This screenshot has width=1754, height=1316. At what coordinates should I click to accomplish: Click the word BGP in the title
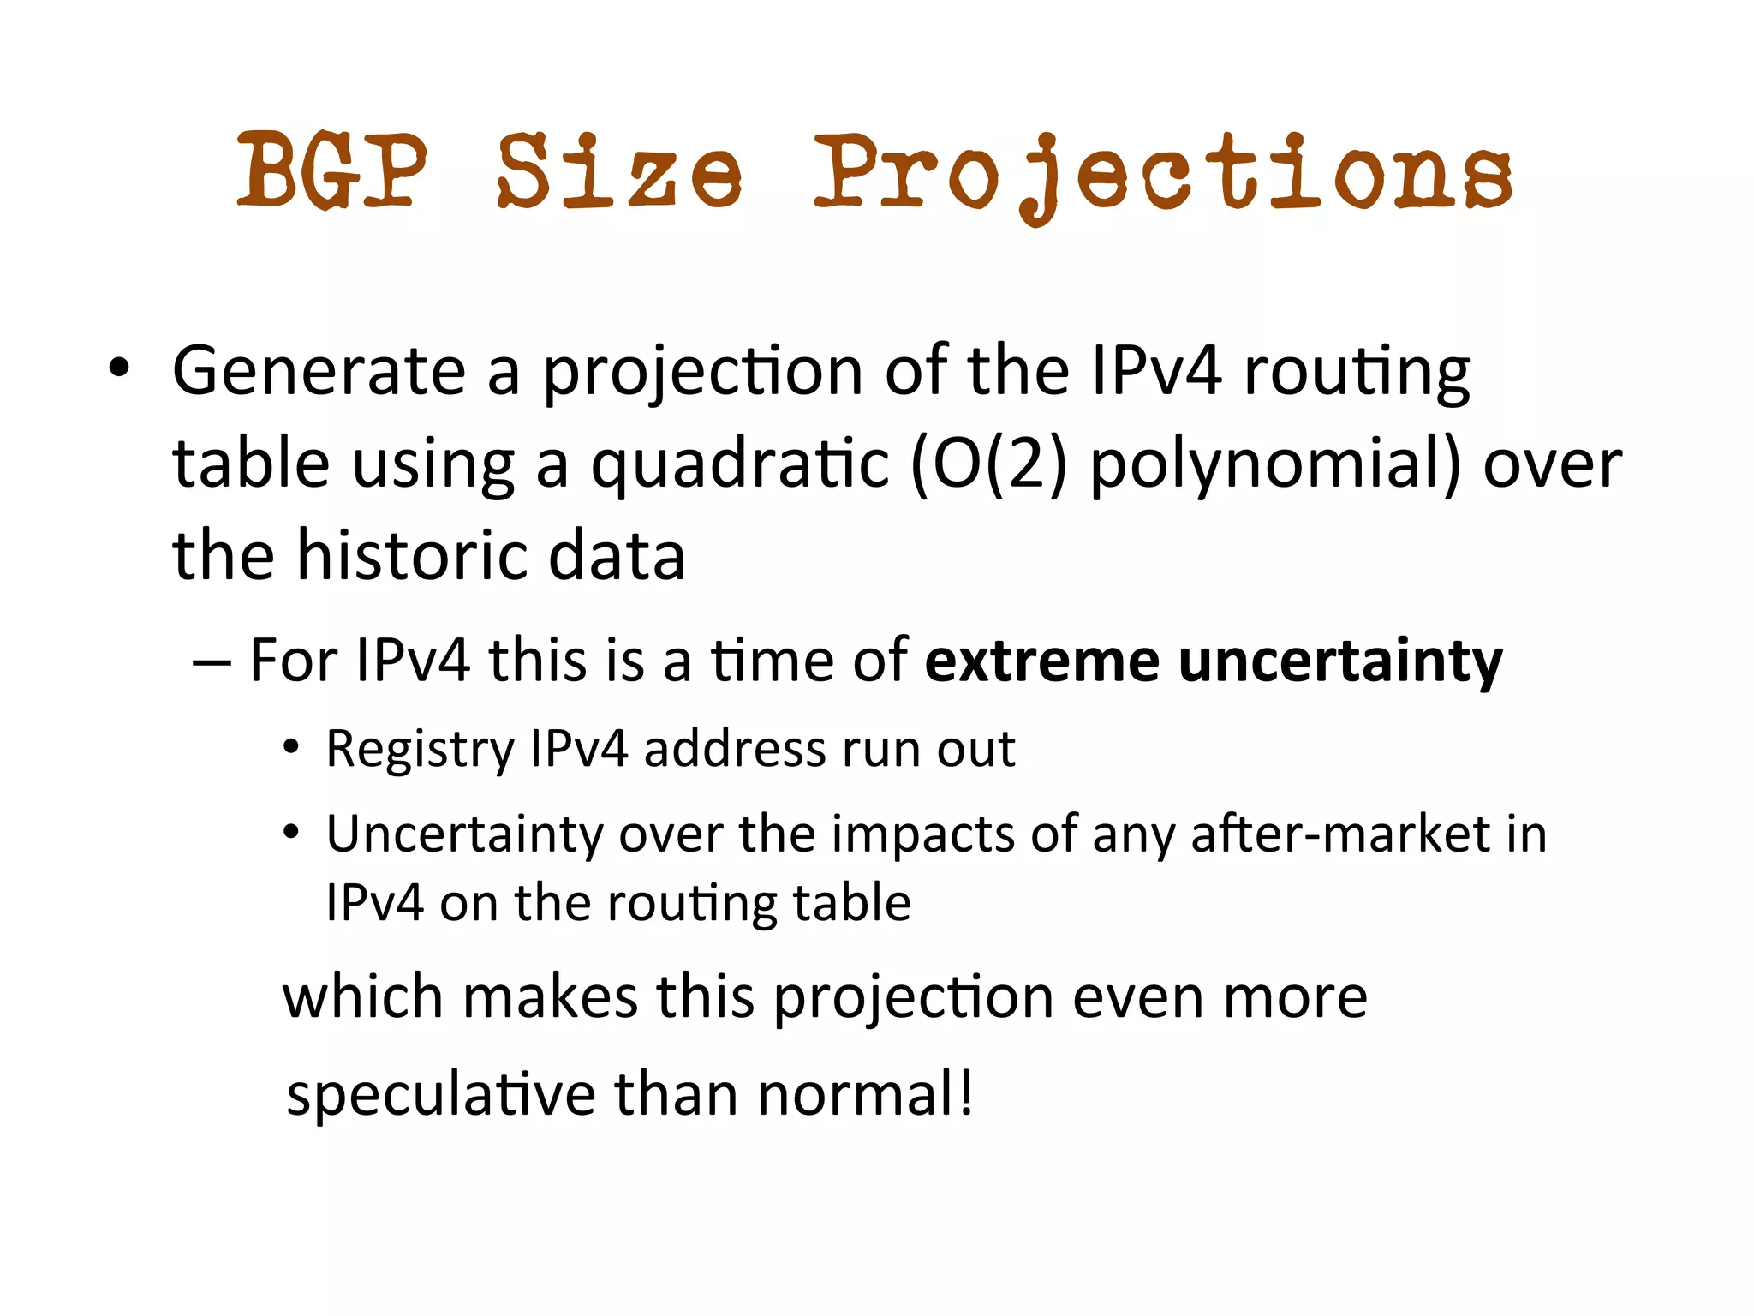point(331,171)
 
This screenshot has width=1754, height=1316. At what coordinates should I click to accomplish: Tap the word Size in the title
point(618,171)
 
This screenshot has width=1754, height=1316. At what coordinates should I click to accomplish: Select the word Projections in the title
point(1162,176)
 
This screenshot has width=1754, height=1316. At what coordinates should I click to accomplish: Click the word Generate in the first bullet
point(319,371)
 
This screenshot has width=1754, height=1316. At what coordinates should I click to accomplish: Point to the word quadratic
point(740,464)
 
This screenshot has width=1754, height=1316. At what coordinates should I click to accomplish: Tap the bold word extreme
point(1041,661)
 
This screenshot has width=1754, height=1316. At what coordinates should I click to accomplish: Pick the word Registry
point(419,750)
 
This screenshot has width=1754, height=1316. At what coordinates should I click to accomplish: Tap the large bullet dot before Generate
point(119,369)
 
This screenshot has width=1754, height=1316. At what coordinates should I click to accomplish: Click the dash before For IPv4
point(212,662)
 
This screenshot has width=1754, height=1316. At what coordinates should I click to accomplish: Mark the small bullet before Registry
point(292,748)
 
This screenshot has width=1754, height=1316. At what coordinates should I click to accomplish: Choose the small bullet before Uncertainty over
point(292,832)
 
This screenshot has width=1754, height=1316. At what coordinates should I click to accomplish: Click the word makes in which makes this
point(550,997)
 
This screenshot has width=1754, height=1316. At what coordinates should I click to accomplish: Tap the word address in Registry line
point(733,748)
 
